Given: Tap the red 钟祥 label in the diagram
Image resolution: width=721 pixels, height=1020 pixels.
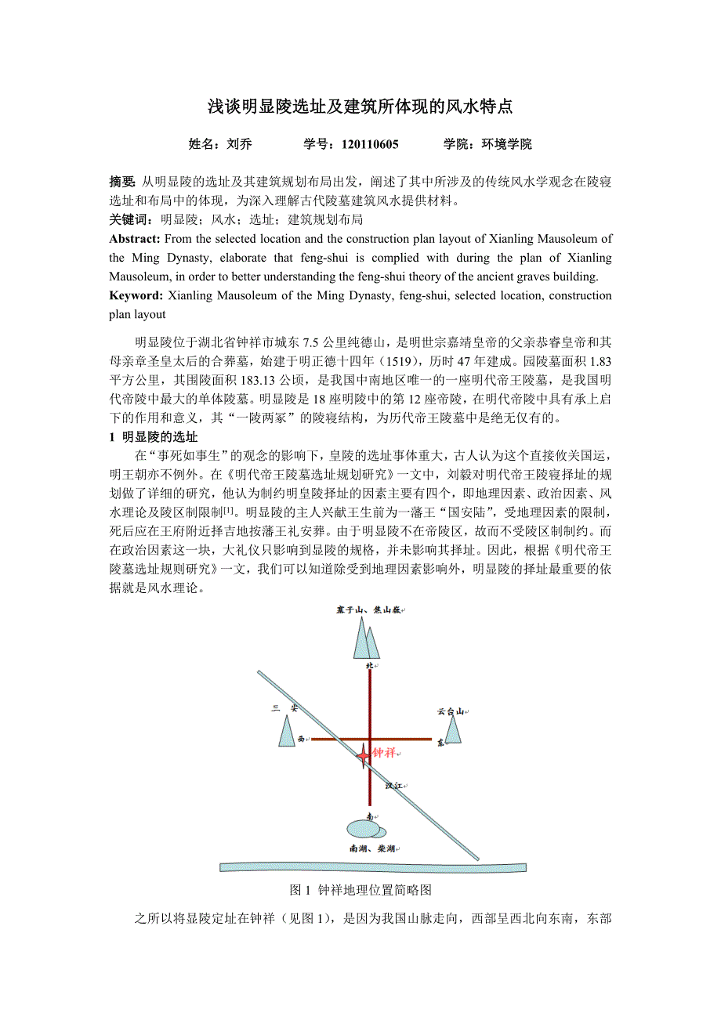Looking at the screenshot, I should coord(383,753).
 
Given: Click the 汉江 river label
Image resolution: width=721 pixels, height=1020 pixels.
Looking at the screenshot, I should coord(393,784).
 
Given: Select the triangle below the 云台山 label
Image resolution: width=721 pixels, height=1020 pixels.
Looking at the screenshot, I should coord(454,730).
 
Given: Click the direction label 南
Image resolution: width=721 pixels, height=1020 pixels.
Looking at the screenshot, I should coord(369,816).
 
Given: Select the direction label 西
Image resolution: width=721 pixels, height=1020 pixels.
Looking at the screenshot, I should coord(300,738).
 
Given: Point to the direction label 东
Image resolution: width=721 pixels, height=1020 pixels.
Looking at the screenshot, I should coord(440,742).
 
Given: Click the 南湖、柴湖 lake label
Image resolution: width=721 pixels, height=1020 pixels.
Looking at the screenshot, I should coord(373,848).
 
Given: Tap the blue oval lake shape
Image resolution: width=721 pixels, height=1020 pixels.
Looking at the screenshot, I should coord(364,829).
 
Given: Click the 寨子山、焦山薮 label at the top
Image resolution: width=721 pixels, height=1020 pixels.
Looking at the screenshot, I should coord(368,609).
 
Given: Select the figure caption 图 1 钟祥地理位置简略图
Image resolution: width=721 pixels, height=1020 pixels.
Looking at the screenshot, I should coord(360,890).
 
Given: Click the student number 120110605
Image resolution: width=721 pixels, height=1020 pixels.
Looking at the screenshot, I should coord(370,144).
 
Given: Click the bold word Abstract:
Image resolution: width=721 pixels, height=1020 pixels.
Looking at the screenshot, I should coord(135,239).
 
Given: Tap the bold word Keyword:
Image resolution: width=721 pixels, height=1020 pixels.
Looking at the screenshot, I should coord(136,295).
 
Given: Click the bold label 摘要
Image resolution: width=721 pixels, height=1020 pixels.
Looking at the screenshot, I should coord(122,182).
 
